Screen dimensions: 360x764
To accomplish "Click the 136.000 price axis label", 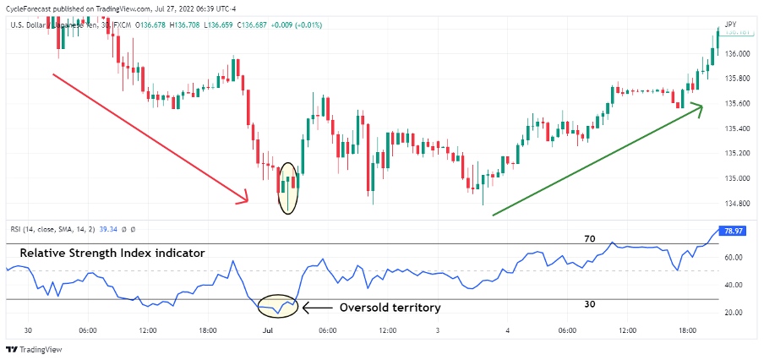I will [x=738, y=54].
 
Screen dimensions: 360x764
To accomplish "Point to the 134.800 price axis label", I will [x=738, y=204].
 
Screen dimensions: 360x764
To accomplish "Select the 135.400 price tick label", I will [x=738, y=128].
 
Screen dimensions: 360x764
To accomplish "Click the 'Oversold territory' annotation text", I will [x=390, y=308].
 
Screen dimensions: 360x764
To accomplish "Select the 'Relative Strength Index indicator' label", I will [x=112, y=253].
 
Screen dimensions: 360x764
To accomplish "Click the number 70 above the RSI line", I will [x=590, y=239].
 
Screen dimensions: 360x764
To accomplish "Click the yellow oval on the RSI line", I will [x=277, y=304].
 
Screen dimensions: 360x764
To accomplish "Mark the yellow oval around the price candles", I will [x=287, y=187].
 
